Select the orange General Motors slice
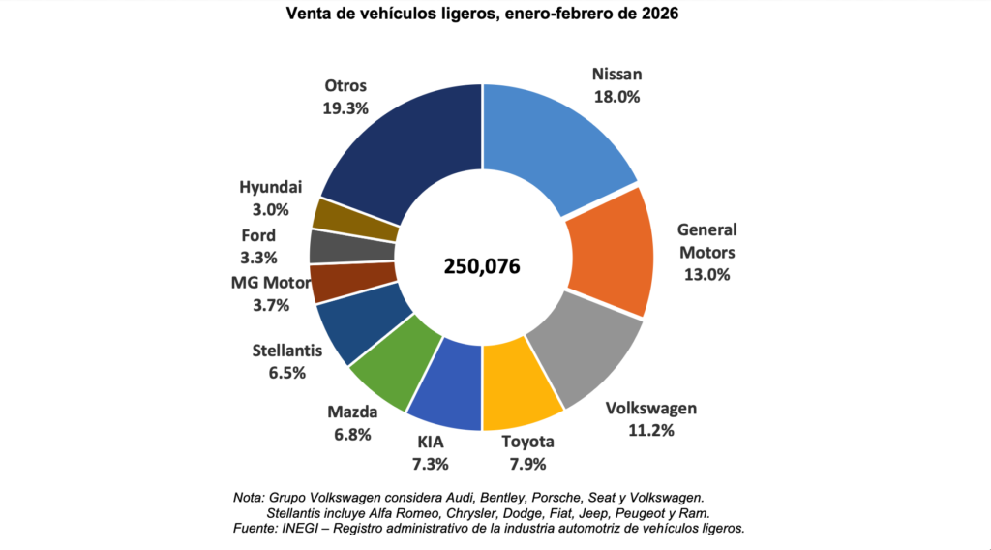(x=610, y=254)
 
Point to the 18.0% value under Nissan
(x=616, y=97)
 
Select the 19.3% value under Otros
(x=345, y=108)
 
